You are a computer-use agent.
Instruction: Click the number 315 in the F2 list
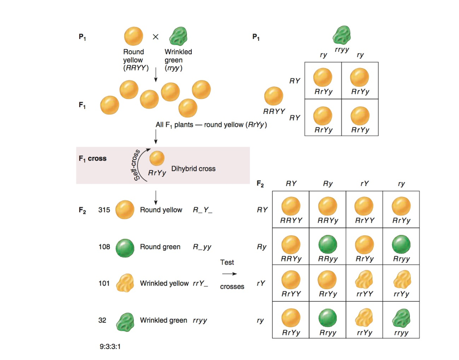tap(104, 210)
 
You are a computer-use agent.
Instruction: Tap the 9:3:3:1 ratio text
tap(113, 347)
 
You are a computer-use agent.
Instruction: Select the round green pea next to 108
tap(125, 247)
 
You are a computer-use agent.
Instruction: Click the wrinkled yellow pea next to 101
tap(125, 283)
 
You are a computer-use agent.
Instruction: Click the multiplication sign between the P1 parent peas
tap(156, 37)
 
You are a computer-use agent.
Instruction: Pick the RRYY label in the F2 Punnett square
tap(291, 221)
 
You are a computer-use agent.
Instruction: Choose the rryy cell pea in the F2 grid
tap(401, 317)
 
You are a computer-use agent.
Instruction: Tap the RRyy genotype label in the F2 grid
tap(328, 259)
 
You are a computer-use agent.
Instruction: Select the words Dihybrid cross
tap(193, 169)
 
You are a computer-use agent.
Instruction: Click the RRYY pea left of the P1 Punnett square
tap(273, 96)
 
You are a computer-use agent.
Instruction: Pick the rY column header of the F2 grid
tap(364, 184)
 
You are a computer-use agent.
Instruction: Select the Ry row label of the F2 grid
tap(262, 247)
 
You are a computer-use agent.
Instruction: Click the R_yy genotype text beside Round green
tap(202, 247)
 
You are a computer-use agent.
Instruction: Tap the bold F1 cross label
tap(93, 158)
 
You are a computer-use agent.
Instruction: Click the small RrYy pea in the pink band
tap(157, 158)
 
